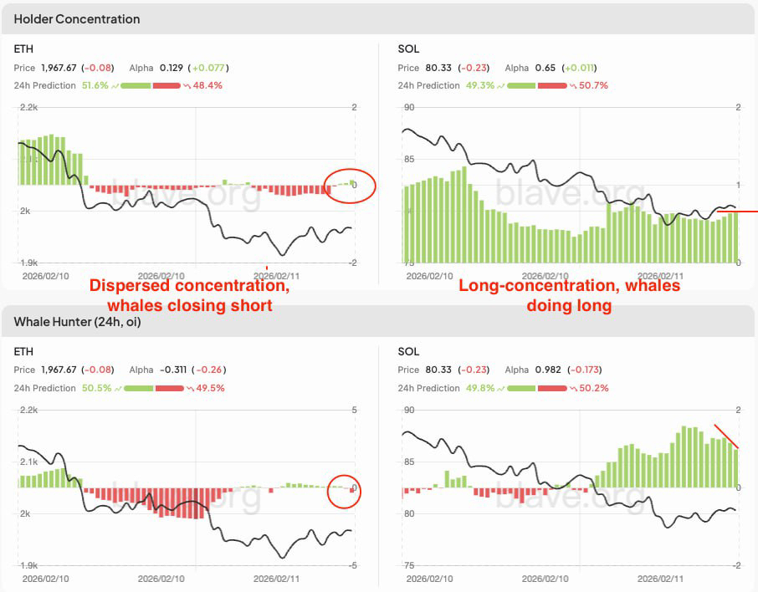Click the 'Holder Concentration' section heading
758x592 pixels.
click(77, 18)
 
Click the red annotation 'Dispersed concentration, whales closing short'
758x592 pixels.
click(190, 295)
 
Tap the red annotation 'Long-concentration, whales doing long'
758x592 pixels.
click(569, 295)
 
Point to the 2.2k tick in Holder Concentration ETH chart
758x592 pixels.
click(28, 107)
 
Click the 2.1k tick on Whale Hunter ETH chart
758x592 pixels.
click(28, 462)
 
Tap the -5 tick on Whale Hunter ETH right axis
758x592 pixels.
click(354, 566)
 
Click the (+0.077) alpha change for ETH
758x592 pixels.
click(209, 68)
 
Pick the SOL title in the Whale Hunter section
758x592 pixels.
click(408, 351)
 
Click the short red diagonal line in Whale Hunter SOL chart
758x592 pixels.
click(725, 436)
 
